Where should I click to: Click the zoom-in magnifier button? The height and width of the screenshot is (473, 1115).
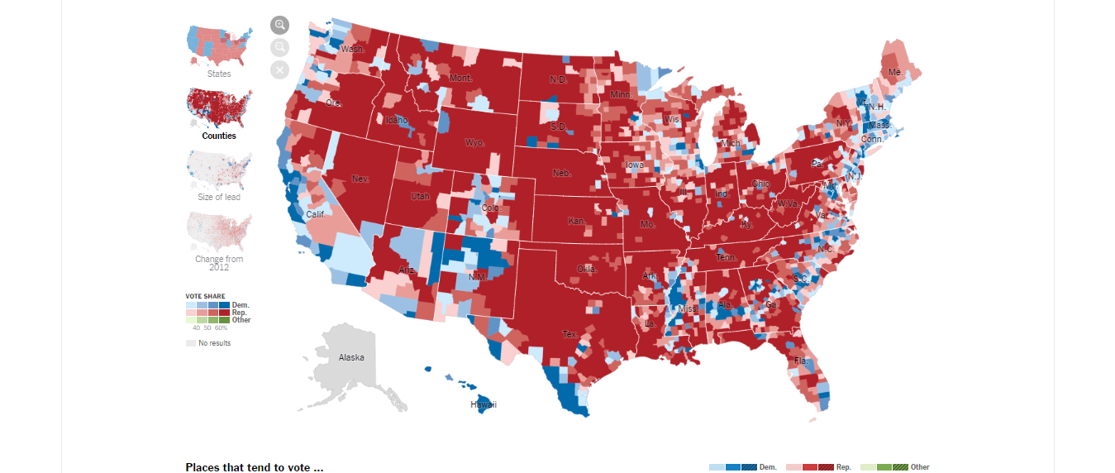tap(279, 25)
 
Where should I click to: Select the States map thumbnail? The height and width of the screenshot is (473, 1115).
tap(219, 45)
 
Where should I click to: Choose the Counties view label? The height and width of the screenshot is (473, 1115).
tap(219, 136)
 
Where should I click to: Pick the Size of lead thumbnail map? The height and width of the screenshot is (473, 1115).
tap(219, 170)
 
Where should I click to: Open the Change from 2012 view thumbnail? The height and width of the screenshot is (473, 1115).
tap(219, 232)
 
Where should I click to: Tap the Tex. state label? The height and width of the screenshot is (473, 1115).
tap(570, 334)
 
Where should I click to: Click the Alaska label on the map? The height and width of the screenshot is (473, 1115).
tap(351, 357)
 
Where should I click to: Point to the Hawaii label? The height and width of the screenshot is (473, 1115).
tap(484, 404)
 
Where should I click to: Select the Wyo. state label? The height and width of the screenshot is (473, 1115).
tap(474, 142)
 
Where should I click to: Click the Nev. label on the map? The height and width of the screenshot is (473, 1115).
tap(360, 179)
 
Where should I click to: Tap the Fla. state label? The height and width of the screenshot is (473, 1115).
tap(801, 361)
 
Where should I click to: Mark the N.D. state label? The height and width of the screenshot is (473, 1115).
tap(559, 79)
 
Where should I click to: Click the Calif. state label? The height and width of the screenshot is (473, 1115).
tap(315, 213)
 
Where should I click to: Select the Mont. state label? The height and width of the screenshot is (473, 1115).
tap(460, 78)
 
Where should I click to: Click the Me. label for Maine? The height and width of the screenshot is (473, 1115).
tap(895, 72)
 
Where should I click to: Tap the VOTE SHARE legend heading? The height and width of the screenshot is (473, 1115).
tap(205, 296)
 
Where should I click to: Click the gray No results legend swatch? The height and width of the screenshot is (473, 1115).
tap(191, 342)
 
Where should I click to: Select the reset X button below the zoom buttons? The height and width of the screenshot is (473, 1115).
tap(279, 69)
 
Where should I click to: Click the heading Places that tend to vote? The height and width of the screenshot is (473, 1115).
tap(255, 467)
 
